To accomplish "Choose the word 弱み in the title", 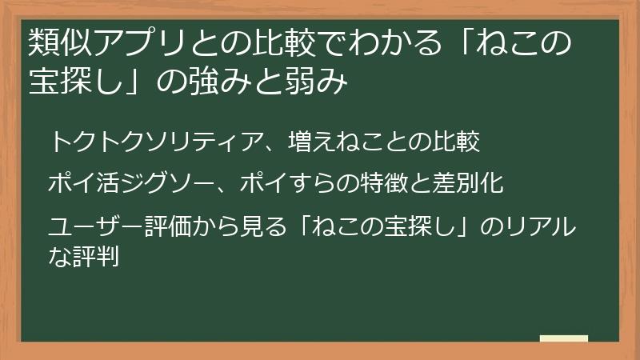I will (319, 84).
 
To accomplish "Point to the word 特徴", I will (376, 183).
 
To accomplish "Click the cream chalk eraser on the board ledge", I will (563, 339).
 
